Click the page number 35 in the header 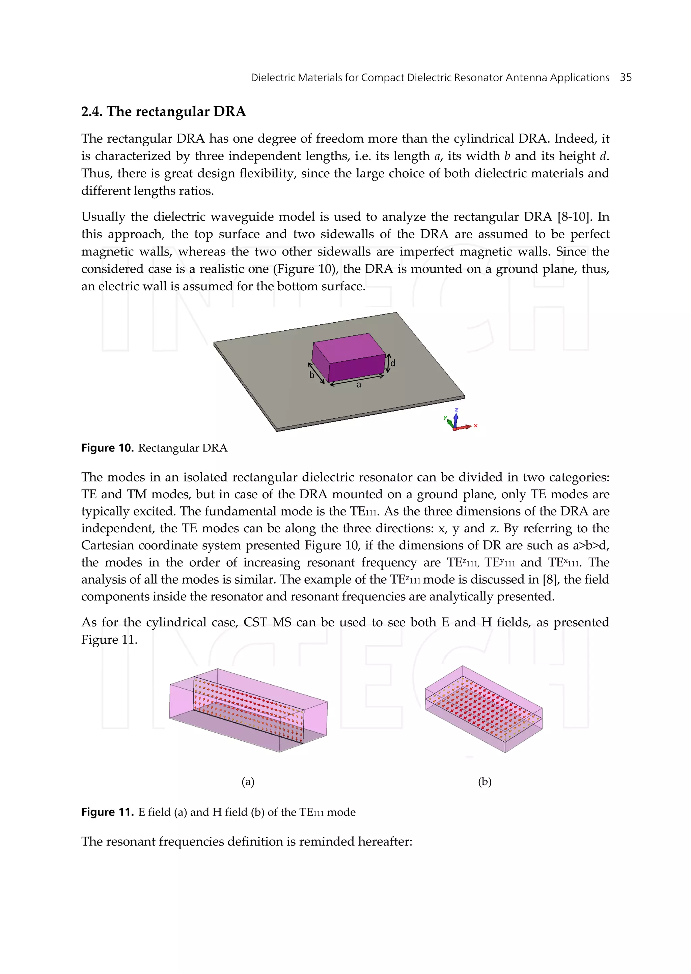626,78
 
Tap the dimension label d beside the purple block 393,363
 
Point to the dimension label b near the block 312,375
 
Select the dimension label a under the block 359,385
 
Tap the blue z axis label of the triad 456,410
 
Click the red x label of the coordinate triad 475,425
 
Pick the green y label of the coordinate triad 445,417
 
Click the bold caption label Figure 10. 107,448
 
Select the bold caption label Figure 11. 107,812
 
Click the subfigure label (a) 248,781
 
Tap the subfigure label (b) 485,781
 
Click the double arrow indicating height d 388,363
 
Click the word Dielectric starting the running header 272,78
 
